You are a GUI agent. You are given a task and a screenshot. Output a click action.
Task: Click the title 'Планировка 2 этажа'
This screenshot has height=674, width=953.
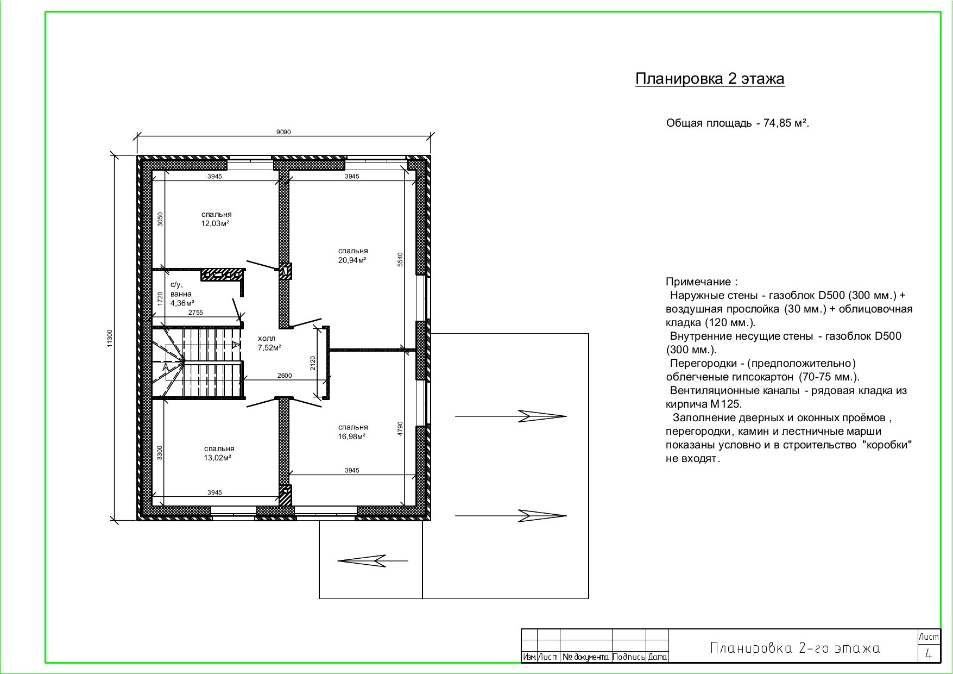click(710, 79)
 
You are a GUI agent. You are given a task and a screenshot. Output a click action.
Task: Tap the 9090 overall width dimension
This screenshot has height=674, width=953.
click(283, 132)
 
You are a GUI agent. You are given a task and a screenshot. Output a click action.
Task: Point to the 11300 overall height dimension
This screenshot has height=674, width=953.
click(110, 338)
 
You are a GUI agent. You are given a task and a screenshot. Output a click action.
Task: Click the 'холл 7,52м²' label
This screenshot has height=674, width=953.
click(269, 343)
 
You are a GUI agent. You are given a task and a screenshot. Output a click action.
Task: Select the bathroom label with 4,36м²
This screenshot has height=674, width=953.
click(182, 294)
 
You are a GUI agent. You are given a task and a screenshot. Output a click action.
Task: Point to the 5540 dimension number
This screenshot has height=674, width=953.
click(400, 260)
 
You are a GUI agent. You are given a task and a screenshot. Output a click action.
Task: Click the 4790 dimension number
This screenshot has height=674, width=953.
click(400, 429)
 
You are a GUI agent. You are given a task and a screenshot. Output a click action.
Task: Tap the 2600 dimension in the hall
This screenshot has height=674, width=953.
click(285, 376)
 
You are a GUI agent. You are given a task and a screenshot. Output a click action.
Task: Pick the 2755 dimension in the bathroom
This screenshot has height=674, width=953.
click(195, 313)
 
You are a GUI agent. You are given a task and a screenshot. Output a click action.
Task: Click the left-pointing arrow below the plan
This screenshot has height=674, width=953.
click(373, 560)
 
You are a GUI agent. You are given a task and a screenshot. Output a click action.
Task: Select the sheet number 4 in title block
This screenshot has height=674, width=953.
click(929, 655)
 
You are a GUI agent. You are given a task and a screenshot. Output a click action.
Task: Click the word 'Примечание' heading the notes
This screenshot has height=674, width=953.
click(700, 282)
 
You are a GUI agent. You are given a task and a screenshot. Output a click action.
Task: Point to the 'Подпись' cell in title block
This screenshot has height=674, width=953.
click(629, 657)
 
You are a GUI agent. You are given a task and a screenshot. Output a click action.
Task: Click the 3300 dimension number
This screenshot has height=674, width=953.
click(160, 453)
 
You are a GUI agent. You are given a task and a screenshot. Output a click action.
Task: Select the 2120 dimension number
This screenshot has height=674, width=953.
click(312, 363)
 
